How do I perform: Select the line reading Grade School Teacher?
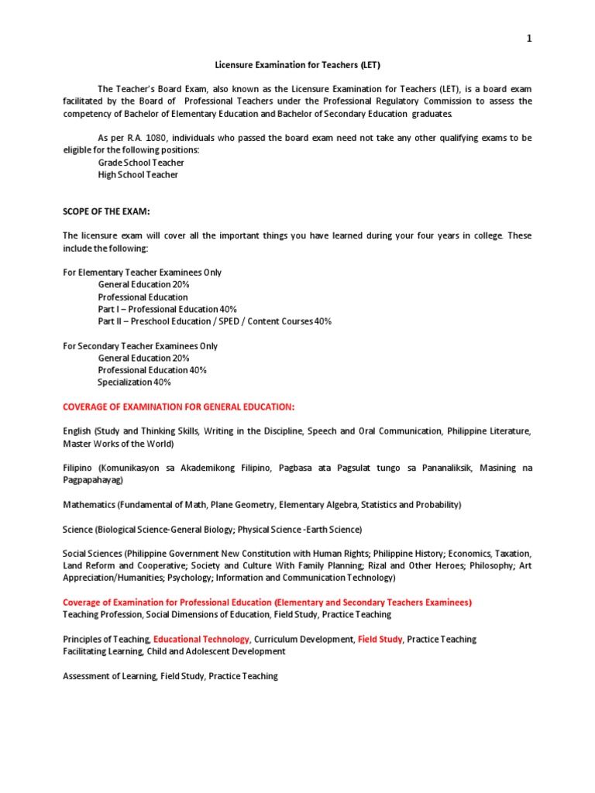click(x=141, y=163)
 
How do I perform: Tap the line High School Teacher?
click(x=138, y=175)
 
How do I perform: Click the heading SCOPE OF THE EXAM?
click(x=106, y=211)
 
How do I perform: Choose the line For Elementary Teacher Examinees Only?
click(x=142, y=273)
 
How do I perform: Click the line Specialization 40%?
click(x=134, y=383)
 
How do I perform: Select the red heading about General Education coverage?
click(x=178, y=407)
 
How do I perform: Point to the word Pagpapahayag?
click(x=95, y=480)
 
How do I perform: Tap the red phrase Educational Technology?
click(x=201, y=640)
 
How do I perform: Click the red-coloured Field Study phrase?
click(x=380, y=640)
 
